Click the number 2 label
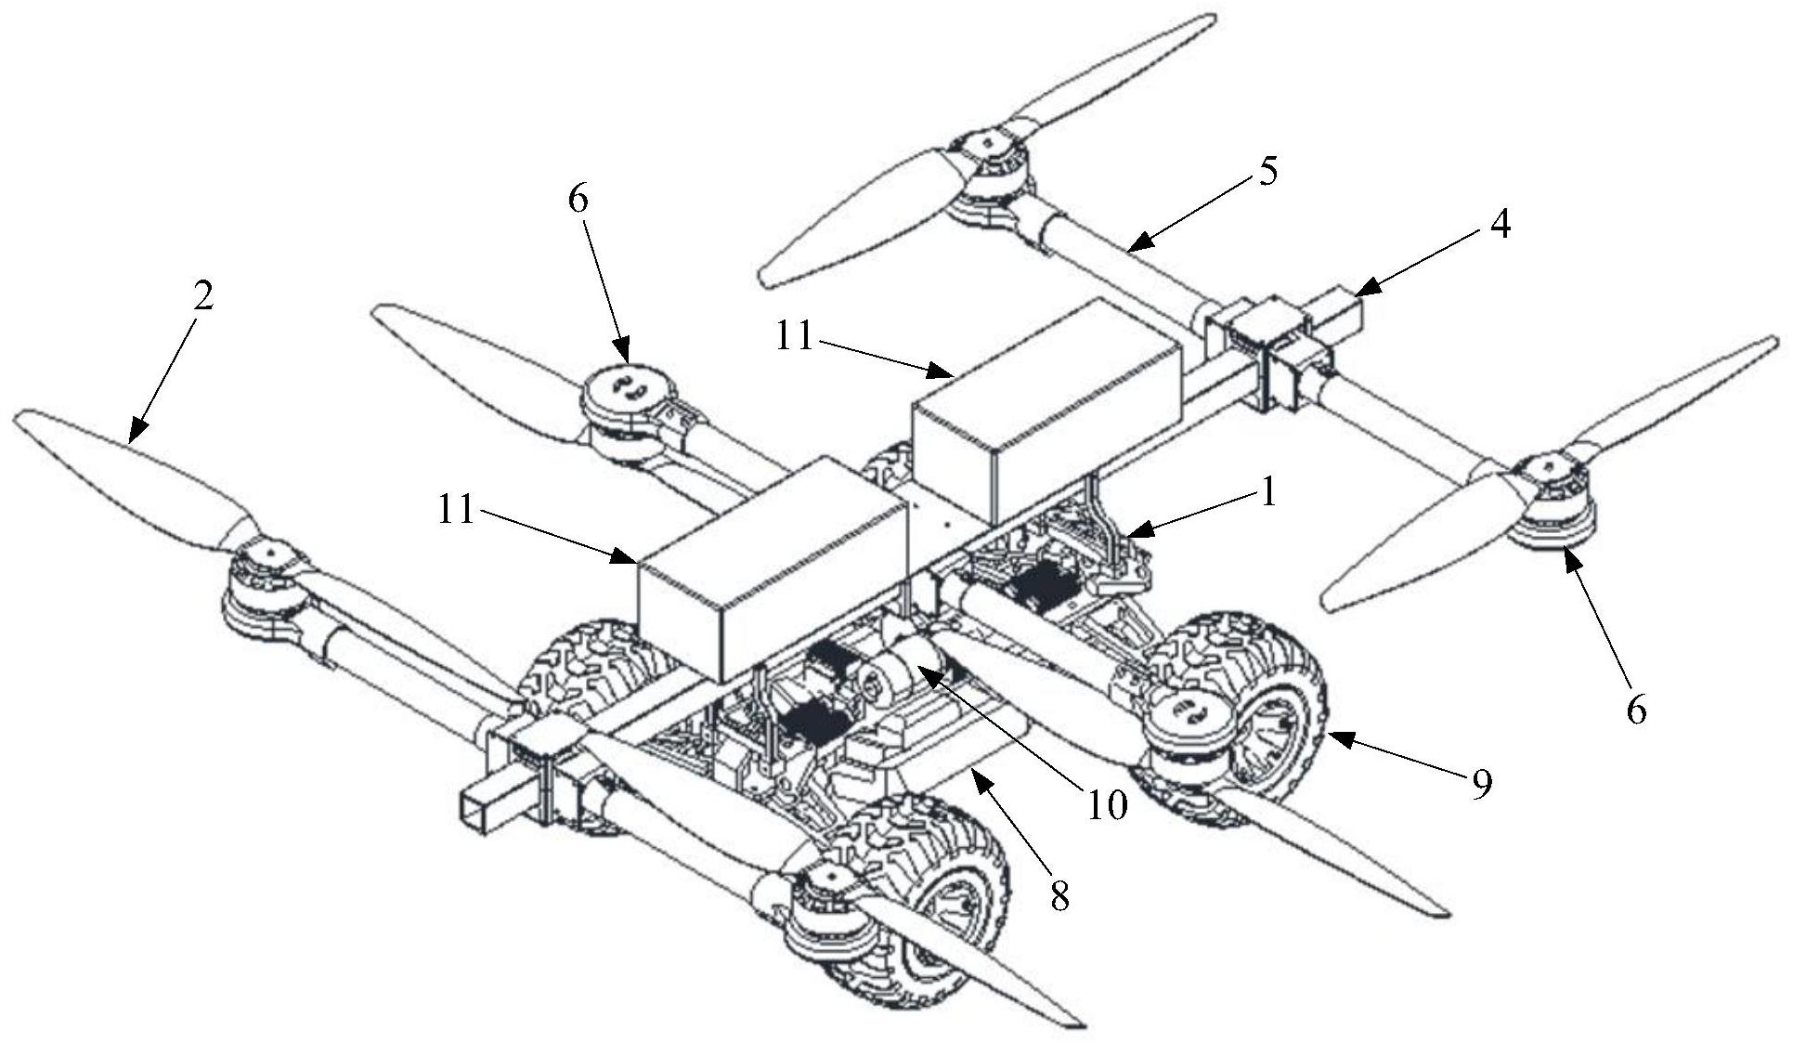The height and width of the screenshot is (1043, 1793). [x=202, y=295]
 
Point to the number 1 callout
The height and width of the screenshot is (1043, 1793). [x=1267, y=493]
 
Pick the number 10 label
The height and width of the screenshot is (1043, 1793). [x=1107, y=805]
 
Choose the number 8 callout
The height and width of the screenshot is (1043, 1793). [x=1059, y=895]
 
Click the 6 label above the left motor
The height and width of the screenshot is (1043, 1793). [x=578, y=200]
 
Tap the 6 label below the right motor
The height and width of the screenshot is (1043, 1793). [x=1636, y=710]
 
